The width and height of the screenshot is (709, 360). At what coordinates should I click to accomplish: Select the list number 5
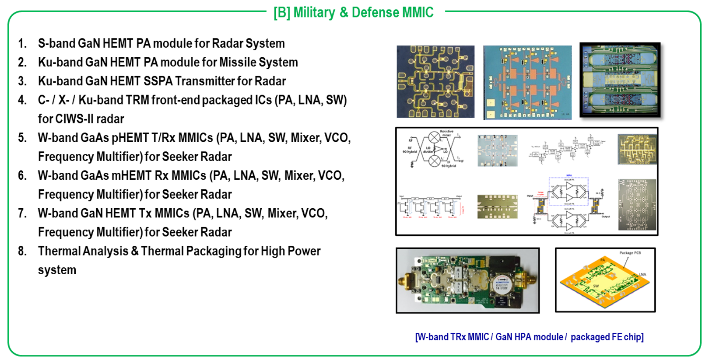(x=22, y=138)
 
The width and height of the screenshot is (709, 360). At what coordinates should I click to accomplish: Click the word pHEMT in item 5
(x=129, y=138)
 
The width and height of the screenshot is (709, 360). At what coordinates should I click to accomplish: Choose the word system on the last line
(x=57, y=270)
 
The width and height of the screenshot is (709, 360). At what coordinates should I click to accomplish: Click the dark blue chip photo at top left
(x=435, y=81)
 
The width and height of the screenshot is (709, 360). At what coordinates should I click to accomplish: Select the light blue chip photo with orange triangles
(x=527, y=82)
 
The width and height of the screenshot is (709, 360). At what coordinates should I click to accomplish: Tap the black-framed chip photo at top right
(x=620, y=80)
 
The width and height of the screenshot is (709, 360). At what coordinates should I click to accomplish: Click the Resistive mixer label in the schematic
(x=446, y=133)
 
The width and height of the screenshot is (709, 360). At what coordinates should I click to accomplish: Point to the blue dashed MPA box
(x=569, y=191)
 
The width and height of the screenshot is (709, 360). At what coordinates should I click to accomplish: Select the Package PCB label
(x=630, y=253)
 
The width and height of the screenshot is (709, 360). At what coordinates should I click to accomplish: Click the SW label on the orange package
(x=596, y=286)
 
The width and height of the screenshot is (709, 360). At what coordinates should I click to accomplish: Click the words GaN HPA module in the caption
(x=529, y=337)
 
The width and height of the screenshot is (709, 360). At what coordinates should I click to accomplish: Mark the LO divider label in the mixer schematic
(x=428, y=150)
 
